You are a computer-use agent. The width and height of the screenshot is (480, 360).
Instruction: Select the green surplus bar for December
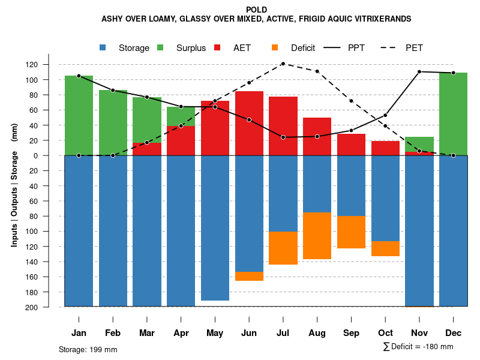453,114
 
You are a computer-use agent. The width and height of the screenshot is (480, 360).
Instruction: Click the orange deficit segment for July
283,248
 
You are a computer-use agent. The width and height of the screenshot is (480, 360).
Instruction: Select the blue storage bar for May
215,228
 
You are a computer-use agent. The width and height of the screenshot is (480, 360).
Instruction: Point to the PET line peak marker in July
283,64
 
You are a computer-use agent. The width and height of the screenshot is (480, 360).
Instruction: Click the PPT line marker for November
419,71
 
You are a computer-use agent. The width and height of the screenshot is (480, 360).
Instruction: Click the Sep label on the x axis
351,333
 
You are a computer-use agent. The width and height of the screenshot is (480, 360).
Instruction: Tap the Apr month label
181,333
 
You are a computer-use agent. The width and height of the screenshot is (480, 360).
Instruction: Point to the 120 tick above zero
49,64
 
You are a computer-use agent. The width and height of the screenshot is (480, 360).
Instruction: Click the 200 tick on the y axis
49,307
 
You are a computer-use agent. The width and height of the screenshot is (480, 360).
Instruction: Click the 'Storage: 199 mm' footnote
88,349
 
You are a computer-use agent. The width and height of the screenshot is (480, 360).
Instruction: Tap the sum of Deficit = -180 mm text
418,347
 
